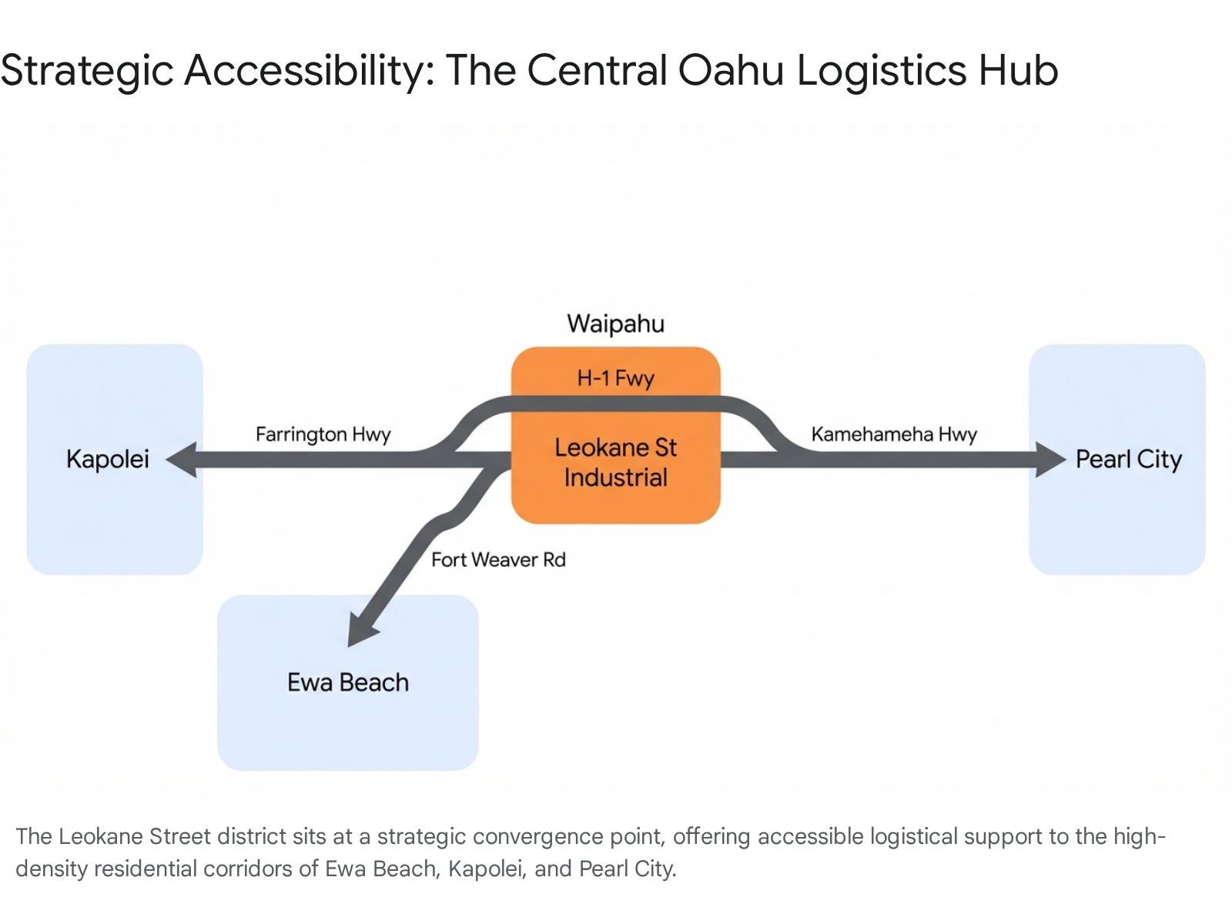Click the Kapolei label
tap(108, 459)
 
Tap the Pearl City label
tap(1128, 460)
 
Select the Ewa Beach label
tap(348, 682)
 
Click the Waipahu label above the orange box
tap(615, 323)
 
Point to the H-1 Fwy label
tap(615, 378)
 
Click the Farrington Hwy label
tap(323, 434)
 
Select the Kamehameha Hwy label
tap(894, 434)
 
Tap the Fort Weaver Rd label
tap(498, 560)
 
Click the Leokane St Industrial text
tap(615, 462)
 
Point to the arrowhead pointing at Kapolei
tap(183, 460)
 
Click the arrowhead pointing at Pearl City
tap(1049, 460)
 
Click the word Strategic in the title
tap(87, 71)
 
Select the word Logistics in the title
tap(881, 71)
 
